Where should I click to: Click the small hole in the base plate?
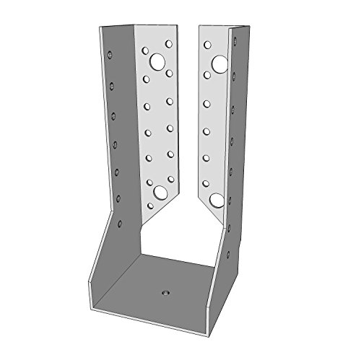coord(164,293)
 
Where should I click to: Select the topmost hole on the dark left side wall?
coord(110,53)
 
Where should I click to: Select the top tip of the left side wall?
coord(99,29)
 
